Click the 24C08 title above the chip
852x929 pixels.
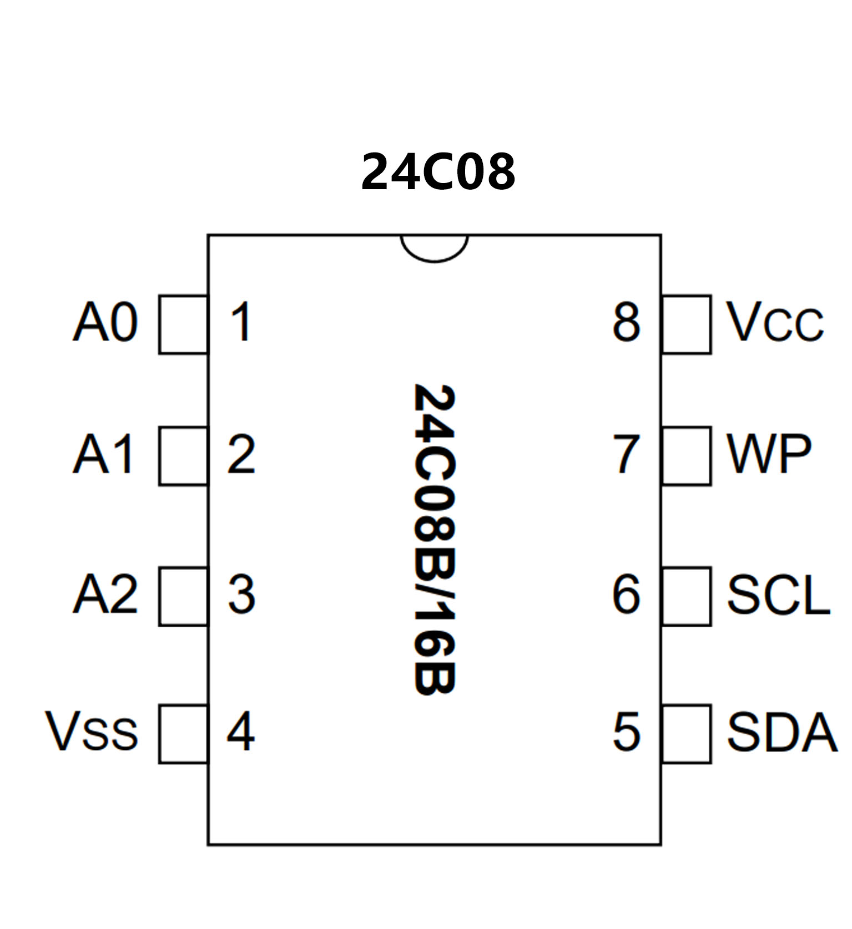[438, 172]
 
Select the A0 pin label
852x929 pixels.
[105, 322]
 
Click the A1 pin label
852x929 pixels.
[104, 454]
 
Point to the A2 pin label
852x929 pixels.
[105, 595]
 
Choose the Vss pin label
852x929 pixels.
[92, 732]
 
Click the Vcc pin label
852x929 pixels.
[775, 322]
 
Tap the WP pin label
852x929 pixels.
[769, 454]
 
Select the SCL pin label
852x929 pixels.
[778, 595]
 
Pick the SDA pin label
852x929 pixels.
[782, 733]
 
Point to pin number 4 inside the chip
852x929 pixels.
[241, 732]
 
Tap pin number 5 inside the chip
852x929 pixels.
[627, 733]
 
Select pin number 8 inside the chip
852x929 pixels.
[627, 322]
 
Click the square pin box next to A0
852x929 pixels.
[183, 324]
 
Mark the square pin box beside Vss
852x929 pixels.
[183, 734]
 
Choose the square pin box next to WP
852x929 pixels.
[687, 456]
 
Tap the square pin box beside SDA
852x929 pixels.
[687, 734]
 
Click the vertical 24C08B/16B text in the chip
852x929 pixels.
[435, 539]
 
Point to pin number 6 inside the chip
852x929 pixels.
[627, 595]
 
